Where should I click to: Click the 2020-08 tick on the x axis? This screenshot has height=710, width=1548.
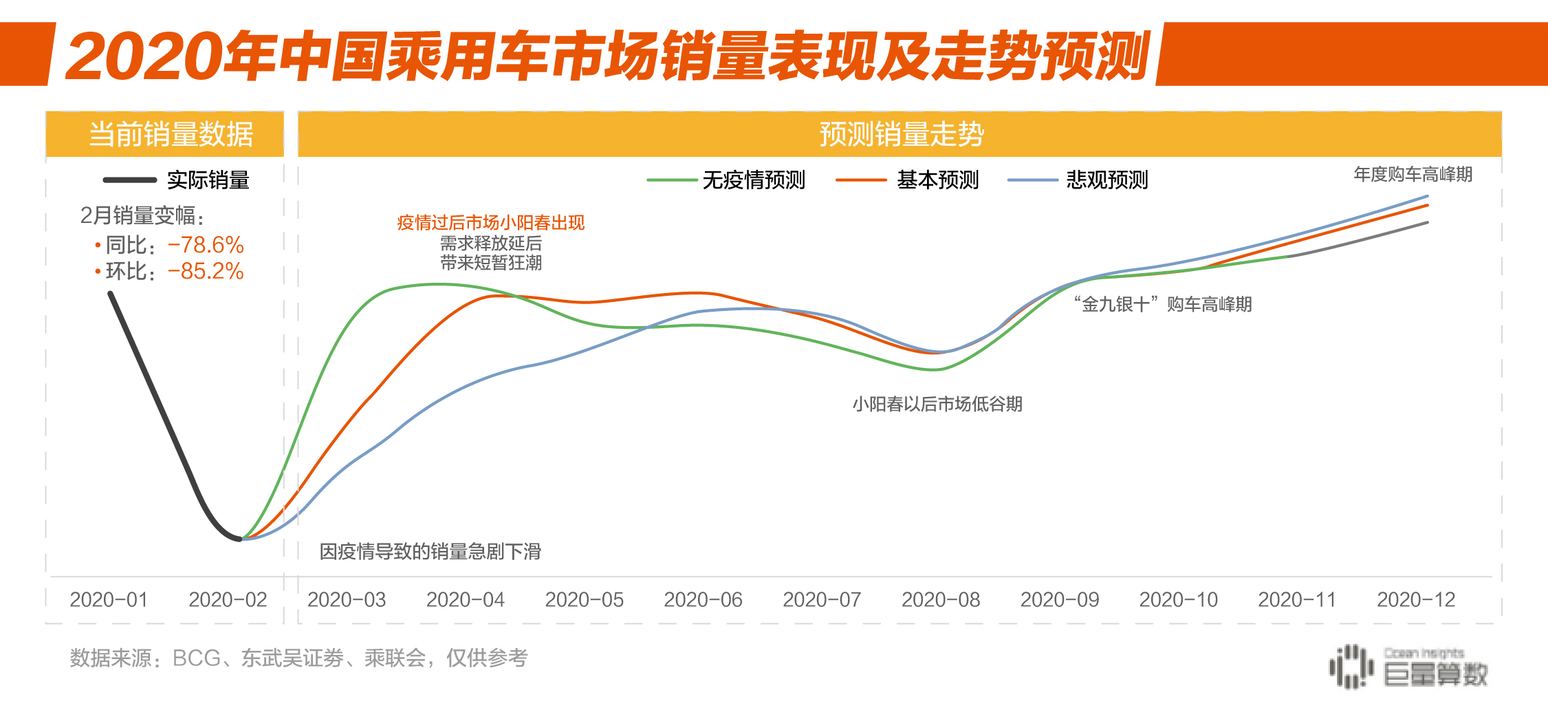tap(940, 600)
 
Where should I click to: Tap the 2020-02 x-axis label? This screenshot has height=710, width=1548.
tap(228, 600)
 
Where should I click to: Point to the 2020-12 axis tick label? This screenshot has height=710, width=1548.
tap(1416, 600)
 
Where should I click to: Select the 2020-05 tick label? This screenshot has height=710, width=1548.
tap(584, 600)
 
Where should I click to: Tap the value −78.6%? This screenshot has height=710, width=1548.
tap(206, 245)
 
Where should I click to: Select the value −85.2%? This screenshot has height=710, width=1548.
tap(206, 271)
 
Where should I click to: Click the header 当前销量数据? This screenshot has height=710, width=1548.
tap(171, 134)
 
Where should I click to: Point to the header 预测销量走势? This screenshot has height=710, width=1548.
tap(901, 134)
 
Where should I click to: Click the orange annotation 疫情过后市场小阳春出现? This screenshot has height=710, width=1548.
tap(490, 223)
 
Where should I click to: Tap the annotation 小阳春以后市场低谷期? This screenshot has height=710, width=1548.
tap(937, 404)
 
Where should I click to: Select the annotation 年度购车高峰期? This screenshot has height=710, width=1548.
tap(1413, 175)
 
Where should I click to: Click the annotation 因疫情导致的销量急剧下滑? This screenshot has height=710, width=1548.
tap(430, 552)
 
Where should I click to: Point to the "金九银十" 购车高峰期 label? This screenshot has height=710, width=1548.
tap(1163, 304)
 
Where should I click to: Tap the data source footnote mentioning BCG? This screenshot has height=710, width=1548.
tap(298, 658)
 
